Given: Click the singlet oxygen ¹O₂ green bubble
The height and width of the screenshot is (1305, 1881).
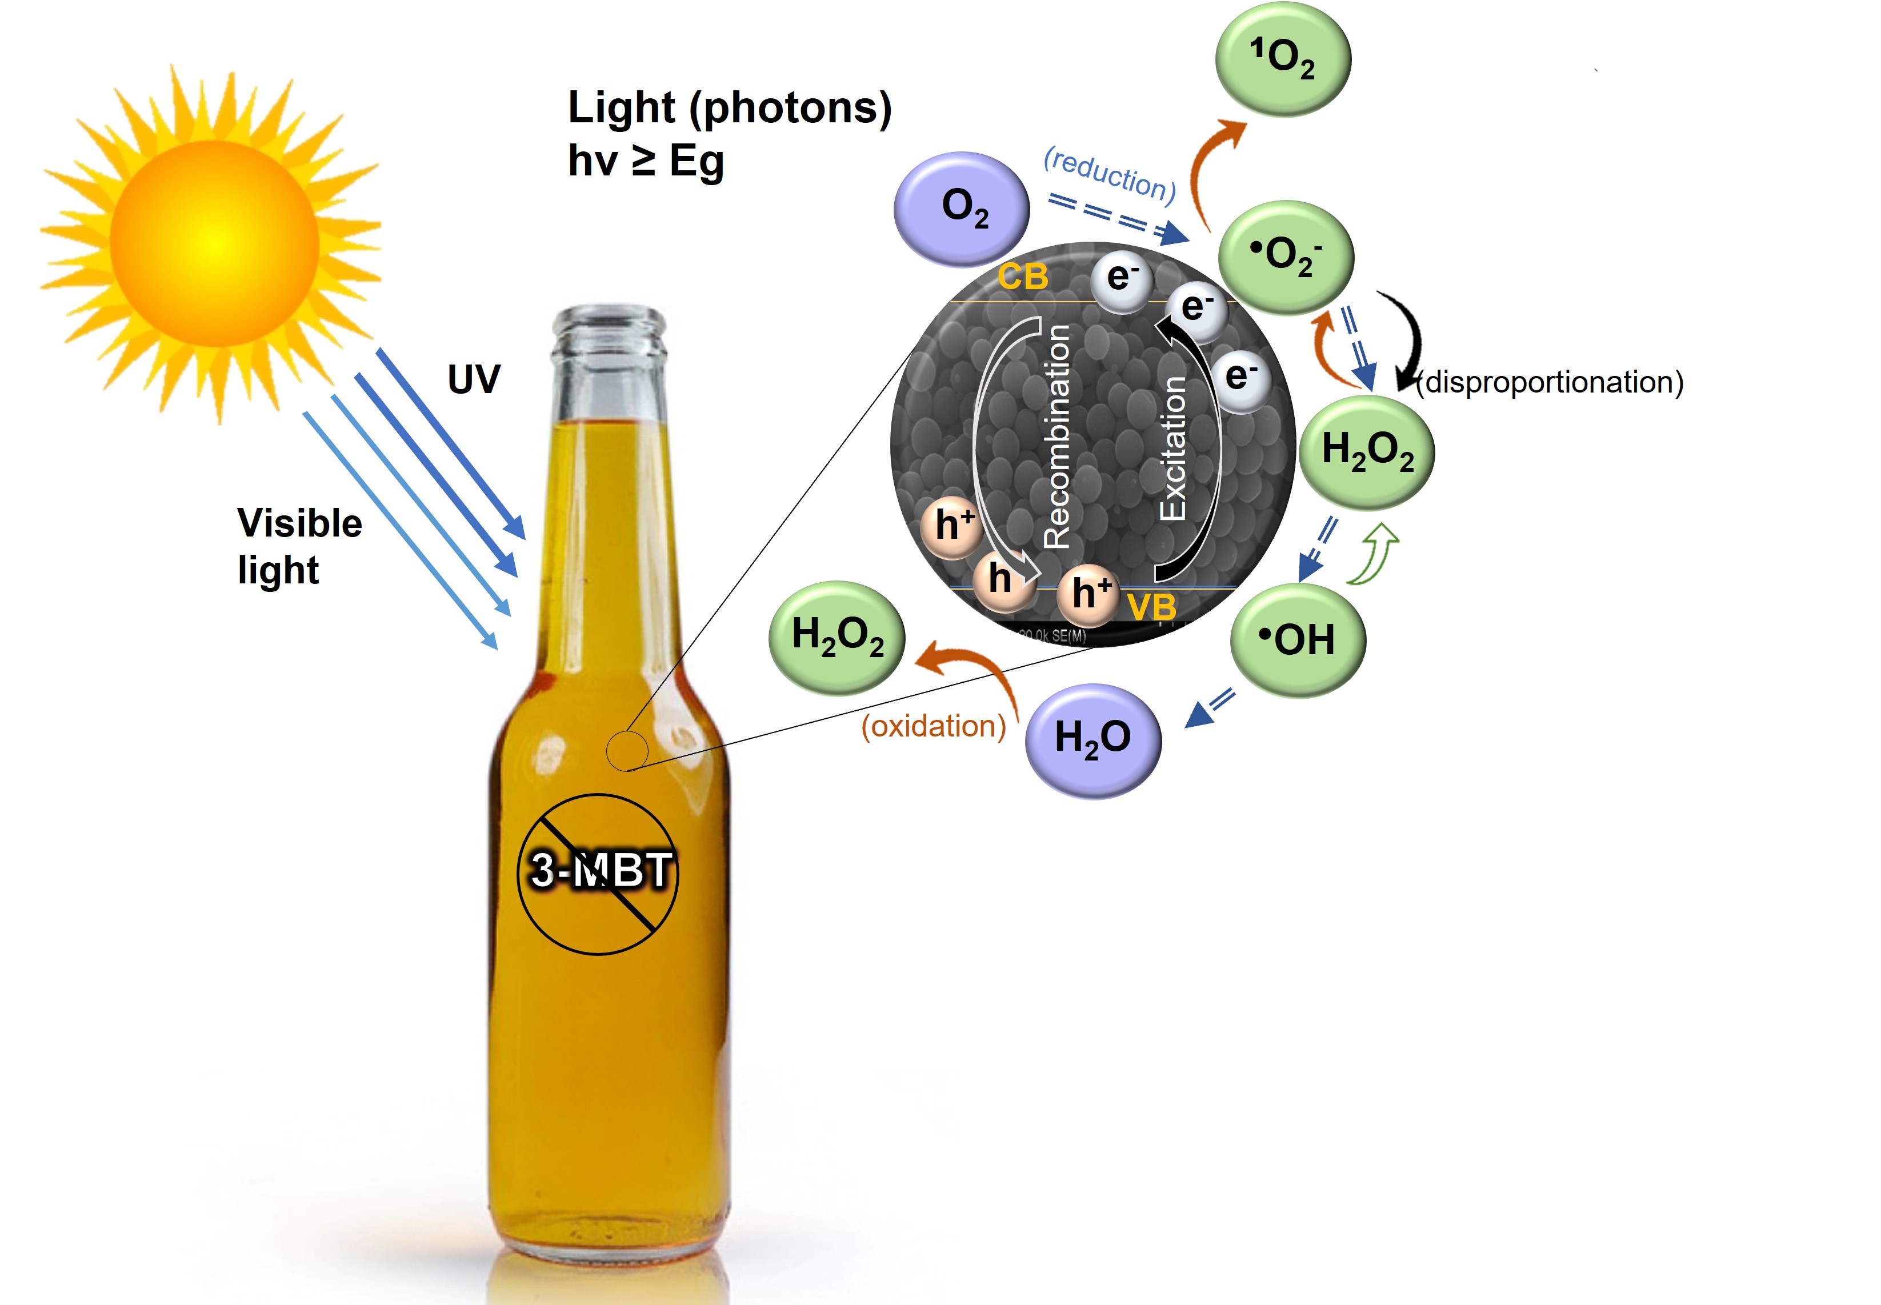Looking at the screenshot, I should [x=1282, y=59].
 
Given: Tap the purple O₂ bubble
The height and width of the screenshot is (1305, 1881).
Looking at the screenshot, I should [x=962, y=209].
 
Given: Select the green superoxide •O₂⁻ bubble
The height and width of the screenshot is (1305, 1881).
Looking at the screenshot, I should [x=1285, y=257].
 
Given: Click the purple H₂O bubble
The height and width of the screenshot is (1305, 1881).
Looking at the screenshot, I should [x=1093, y=740].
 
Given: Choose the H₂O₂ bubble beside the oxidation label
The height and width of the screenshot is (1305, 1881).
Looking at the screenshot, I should [x=837, y=637].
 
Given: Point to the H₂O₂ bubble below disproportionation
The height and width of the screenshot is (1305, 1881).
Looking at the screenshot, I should [x=1367, y=452].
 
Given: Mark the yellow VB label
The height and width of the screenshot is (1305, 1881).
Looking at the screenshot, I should [x=1152, y=607].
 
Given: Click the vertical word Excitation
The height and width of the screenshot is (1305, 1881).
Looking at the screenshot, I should [x=1173, y=448].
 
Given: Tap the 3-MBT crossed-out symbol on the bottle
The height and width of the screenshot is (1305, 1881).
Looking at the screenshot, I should [x=598, y=872].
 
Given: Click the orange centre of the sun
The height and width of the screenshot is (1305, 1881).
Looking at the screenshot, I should [x=214, y=243].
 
